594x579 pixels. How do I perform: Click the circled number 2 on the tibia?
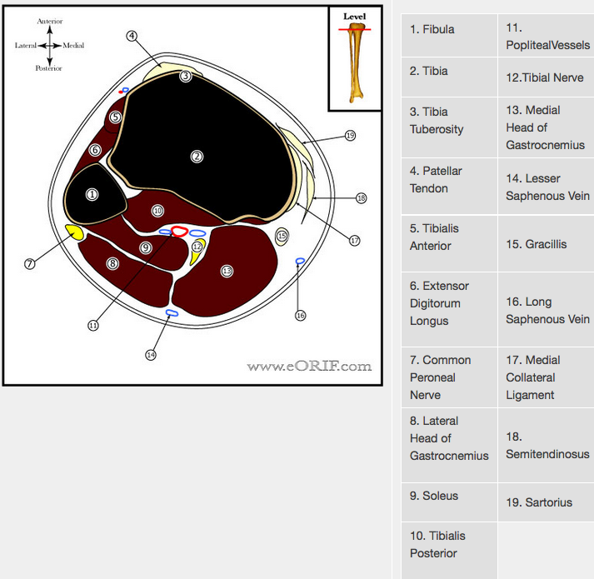coord(197,156)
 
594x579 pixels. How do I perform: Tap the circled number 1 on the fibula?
coord(92,194)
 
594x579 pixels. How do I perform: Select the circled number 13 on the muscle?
coord(227,271)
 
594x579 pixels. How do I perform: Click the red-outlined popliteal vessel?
coord(180,231)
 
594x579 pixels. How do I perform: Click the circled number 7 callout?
coord(30,263)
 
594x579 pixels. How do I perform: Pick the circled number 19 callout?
coord(350,135)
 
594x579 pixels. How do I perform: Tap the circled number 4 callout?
coord(132,36)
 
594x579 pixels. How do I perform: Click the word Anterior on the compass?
coord(49,21)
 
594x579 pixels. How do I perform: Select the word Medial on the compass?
coord(73,45)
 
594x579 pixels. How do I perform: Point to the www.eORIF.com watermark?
coord(309,366)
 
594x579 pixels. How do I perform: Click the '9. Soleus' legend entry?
coord(434,496)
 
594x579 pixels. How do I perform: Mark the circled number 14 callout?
coord(150,354)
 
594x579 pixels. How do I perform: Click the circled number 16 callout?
coord(301,315)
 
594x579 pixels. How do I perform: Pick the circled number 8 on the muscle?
coord(112,263)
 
